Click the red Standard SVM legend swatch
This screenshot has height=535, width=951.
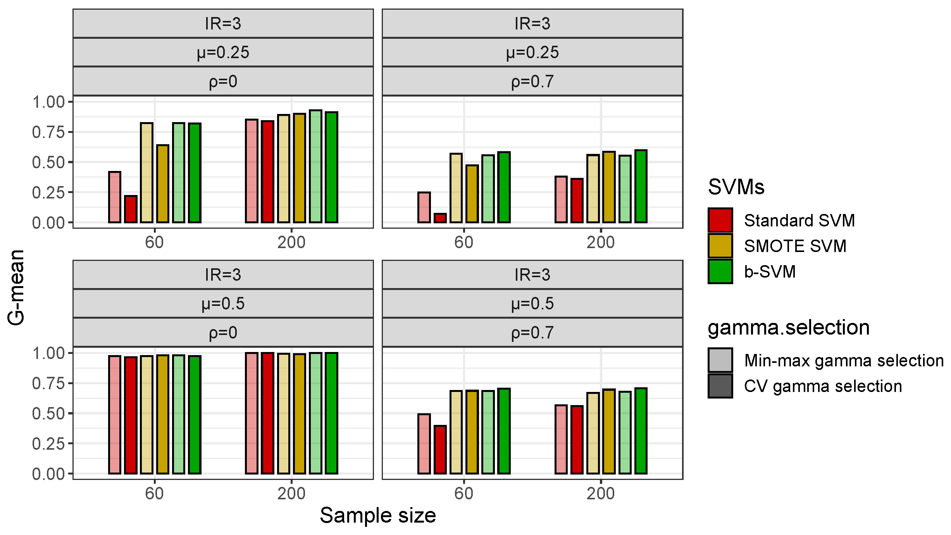(720, 220)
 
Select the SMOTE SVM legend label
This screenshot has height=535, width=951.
(795, 246)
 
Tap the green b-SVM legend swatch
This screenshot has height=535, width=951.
(720, 271)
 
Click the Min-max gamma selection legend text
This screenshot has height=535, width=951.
(844, 361)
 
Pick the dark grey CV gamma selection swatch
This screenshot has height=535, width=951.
(720, 386)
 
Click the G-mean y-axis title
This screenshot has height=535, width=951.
(16, 287)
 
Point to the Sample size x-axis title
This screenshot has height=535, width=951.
(378, 516)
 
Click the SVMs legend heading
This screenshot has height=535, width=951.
(736, 187)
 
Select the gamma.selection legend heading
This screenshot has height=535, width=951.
(789, 328)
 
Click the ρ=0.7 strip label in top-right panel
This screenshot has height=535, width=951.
(532, 81)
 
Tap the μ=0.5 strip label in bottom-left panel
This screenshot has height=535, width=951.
(223, 304)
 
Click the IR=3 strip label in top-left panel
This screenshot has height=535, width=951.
(223, 24)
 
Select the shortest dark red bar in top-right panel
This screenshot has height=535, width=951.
(440, 218)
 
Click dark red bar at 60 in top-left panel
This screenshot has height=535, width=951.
(131, 209)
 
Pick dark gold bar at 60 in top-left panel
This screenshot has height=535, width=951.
(163, 184)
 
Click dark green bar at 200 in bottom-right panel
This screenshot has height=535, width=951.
(641, 430)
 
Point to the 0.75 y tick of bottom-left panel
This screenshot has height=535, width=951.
(48, 383)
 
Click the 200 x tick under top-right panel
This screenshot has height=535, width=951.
(600, 243)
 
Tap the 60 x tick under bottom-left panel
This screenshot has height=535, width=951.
(154, 494)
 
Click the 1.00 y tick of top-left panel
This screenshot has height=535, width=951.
(48, 102)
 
